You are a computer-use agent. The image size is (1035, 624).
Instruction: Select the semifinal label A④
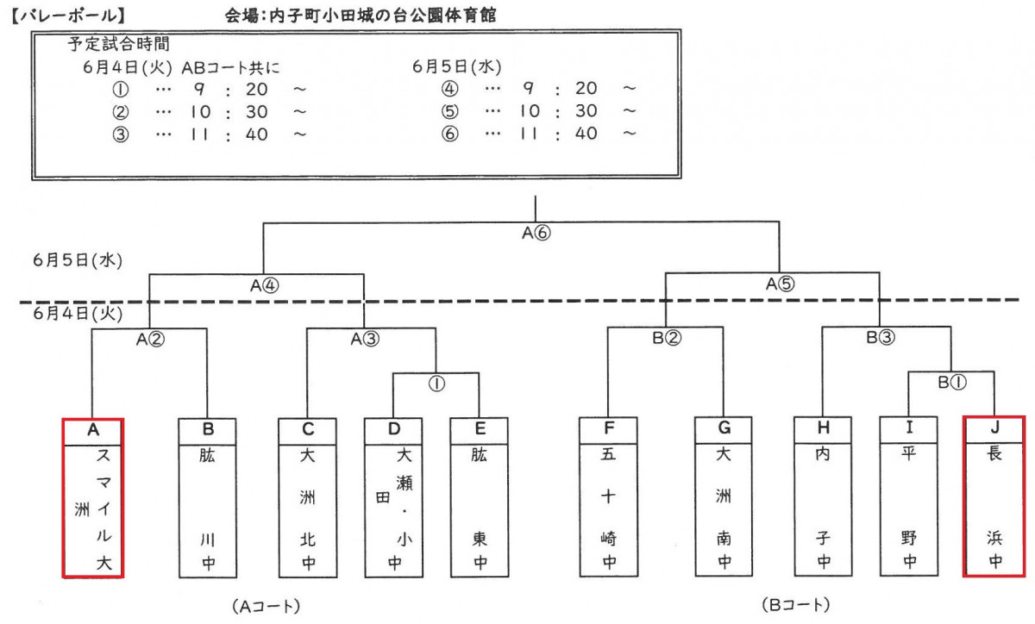click(265, 285)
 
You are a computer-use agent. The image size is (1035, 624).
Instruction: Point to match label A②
click(149, 339)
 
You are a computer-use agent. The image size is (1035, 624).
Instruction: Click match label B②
click(666, 339)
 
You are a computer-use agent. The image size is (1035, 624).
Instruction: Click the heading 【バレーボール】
click(70, 15)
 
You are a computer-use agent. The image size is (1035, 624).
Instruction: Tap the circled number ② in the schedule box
click(121, 111)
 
